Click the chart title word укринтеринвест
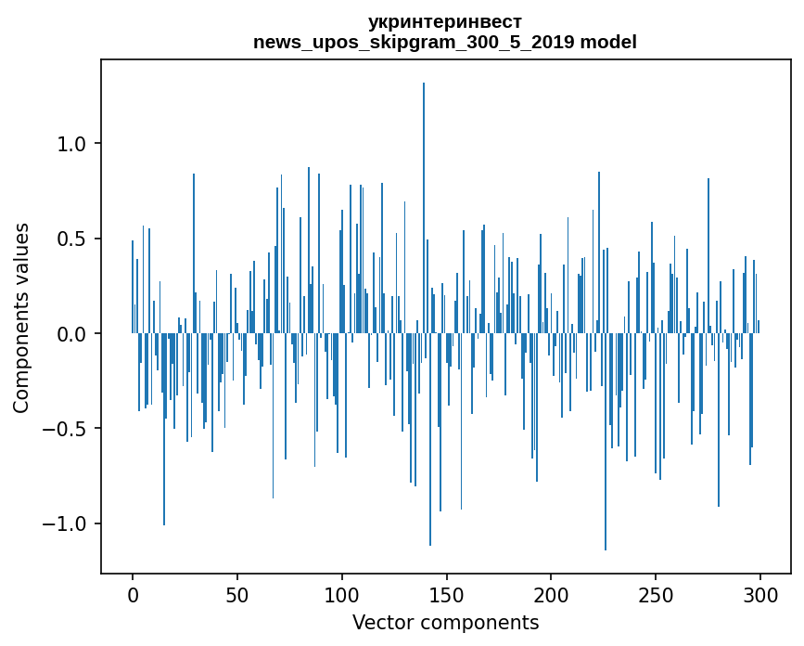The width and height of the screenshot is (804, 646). coord(445,21)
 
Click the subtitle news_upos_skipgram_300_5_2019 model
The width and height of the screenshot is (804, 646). coord(445,42)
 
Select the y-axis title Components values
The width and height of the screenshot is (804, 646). coord(21,317)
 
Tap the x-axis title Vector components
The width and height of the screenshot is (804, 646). coord(445,622)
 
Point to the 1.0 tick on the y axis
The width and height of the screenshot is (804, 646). coord(72,144)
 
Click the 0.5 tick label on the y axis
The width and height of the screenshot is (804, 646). coord(72,239)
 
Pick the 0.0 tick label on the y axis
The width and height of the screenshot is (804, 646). coord(72,334)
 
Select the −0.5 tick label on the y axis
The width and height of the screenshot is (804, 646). coord(65,429)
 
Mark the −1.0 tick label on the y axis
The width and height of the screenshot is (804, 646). coord(65,524)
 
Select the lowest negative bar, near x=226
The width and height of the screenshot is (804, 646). coord(606,446)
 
